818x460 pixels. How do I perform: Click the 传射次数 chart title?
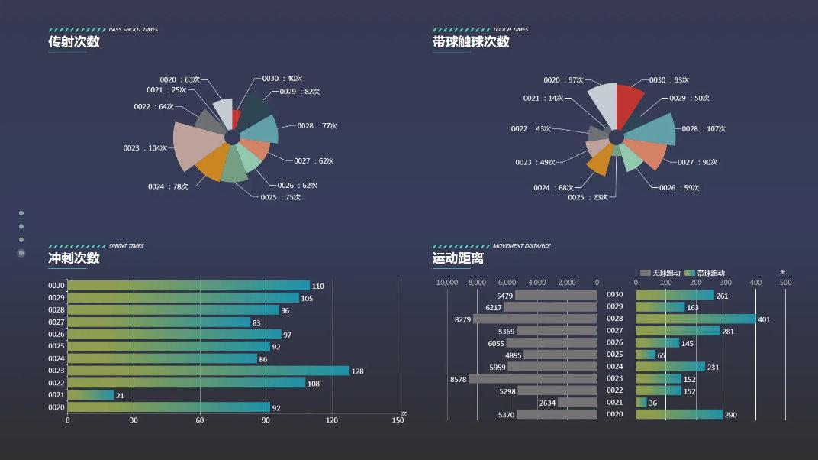click(x=74, y=42)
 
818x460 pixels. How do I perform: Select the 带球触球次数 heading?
click(x=471, y=42)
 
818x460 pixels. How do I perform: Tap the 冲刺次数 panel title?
click(x=74, y=258)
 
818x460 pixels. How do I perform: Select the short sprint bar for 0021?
click(x=90, y=395)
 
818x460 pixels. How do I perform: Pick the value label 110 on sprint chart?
click(x=318, y=287)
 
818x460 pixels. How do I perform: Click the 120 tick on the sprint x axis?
click(x=331, y=420)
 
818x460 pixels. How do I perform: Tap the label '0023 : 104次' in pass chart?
click(x=145, y=148)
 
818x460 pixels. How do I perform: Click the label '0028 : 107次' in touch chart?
click(x=703, y=129)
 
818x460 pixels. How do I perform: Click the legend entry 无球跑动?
click(x=661, y=273)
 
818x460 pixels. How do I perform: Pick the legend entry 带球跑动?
click(x=705, y=273)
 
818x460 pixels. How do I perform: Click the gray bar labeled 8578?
click(x=533, y=378)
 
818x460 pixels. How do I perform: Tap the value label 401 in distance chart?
click(x=764, y=319)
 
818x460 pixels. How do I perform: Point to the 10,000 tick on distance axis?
click(x=447, y=283)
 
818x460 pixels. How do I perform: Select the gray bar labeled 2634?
click(x=577, y=403)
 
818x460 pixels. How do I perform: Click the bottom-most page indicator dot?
click(x=21, y=253)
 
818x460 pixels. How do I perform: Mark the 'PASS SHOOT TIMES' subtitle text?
click(x=134, y=30)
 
